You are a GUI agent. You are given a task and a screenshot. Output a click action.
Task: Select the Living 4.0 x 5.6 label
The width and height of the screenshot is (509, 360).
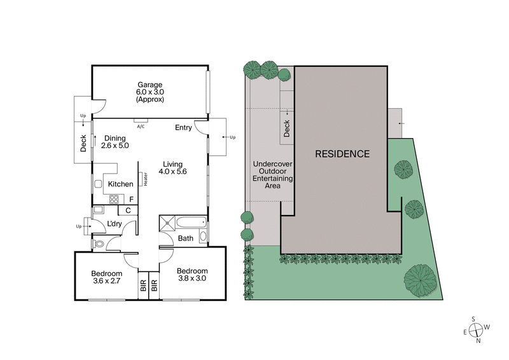point(173,167)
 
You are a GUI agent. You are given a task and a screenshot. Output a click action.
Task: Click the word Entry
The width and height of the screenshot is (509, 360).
point(183,128)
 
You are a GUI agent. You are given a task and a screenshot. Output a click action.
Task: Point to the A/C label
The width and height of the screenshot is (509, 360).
point(140,126)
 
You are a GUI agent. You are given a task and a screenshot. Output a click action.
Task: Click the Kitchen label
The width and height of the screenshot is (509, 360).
point(120,184)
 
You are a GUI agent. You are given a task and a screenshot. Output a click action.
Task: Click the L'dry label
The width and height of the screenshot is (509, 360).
point(115,223)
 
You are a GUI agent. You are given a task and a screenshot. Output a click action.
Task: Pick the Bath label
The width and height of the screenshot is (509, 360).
point(185,239)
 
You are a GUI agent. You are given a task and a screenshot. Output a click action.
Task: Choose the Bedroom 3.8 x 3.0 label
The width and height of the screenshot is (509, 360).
point(192,274)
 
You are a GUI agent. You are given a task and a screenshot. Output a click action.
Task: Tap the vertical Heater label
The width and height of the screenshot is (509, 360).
point(145,180)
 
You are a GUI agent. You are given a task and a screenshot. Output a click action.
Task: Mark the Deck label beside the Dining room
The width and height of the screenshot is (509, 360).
point(83,142)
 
